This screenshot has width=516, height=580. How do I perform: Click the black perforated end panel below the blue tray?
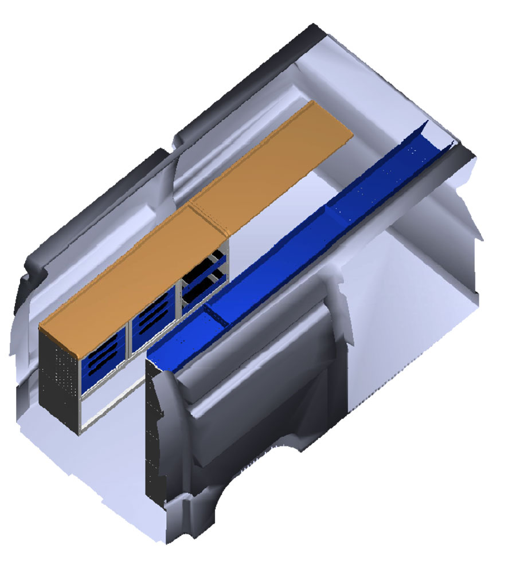click(x=153, y=436)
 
